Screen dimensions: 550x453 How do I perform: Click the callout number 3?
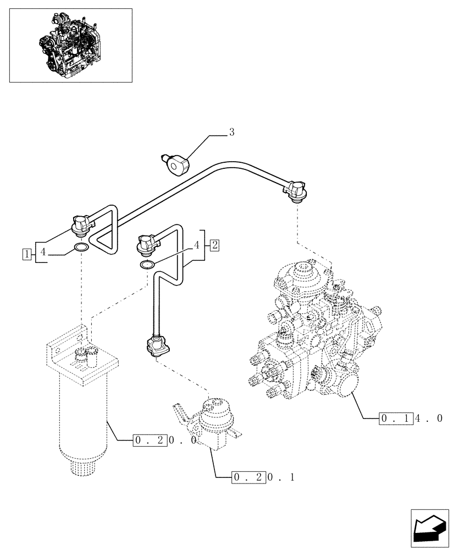pyautogui.click(x=232, y=132)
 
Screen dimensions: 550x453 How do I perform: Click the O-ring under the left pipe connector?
pyautogui.click(x=81, y=248)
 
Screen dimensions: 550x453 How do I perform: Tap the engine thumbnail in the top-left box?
pyautogui.click(x=71, y=45)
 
